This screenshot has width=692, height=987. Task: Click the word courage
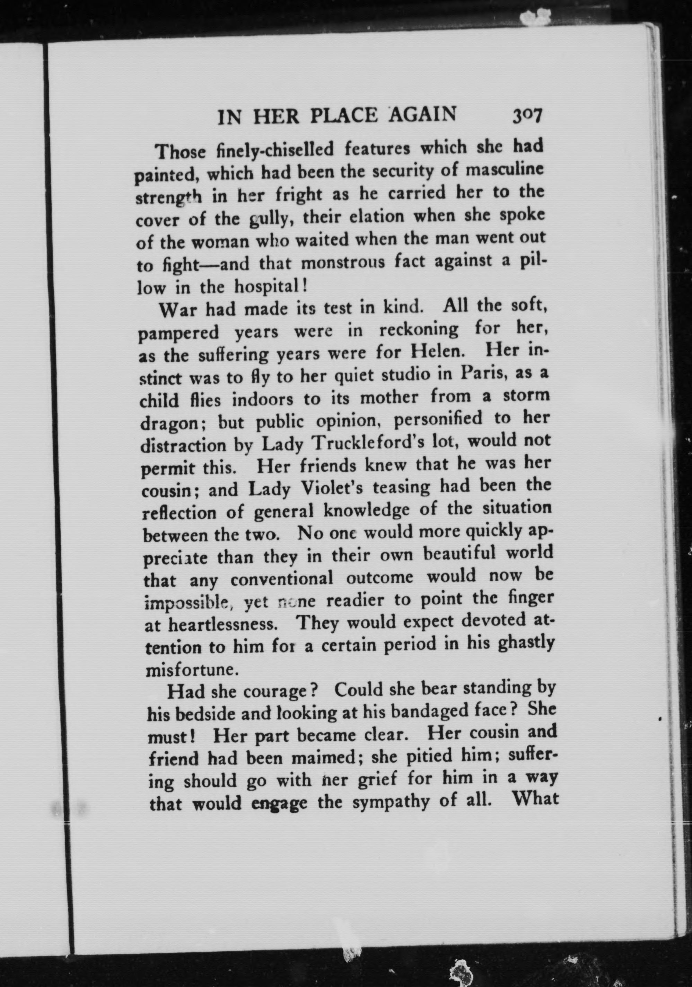coord(280,691)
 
